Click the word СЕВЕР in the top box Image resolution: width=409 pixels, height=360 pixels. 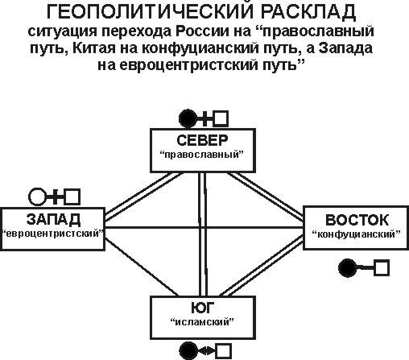click(x=202, y=140)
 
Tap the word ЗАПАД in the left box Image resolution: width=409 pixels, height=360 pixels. click(x=53, y=219)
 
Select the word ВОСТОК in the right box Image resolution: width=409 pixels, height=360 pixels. click(x=357, y=220)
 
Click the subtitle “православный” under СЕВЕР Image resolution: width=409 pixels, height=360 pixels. click(x=201, y=155)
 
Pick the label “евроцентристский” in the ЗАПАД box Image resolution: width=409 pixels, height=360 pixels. click(x=52, y=234)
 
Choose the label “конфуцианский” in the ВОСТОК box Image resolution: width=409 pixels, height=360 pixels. click(x=357, y=234)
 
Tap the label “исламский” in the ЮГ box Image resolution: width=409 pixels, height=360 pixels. click(x=202, y=321)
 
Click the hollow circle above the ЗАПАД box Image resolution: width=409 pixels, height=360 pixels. click(x=37, y=197)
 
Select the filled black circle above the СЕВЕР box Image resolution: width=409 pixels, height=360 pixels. click(x=188, y=118)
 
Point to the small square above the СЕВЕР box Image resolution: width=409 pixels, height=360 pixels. click(x=221, y=118)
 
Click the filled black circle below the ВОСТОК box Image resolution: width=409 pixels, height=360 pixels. click(x=348, y=267)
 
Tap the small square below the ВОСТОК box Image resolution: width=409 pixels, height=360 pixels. click(x=382, y=267)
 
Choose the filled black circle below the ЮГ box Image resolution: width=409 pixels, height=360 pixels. click(x=188, y=350)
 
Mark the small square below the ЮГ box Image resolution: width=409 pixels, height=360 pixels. click(x=223, y=351)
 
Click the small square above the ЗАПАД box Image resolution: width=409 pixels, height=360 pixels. click(x=72, y=197)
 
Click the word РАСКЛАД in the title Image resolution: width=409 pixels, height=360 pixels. click(x=308, y=12)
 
